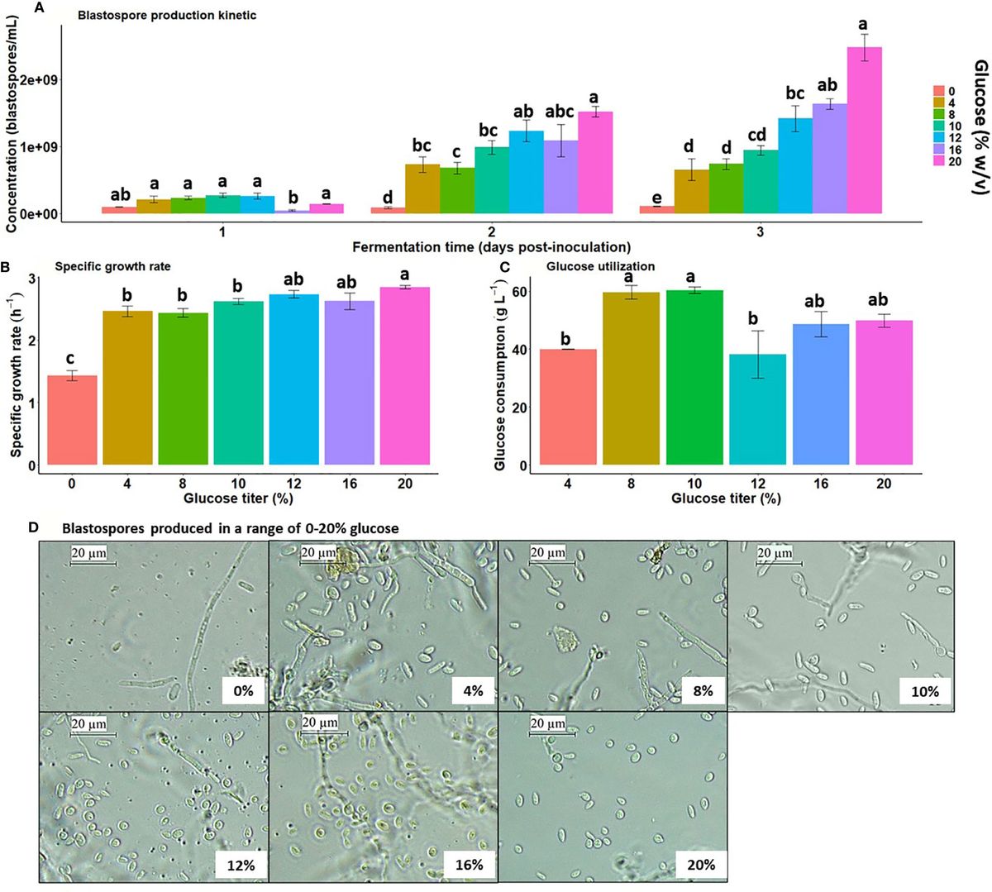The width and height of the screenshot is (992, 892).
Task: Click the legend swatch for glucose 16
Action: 938,150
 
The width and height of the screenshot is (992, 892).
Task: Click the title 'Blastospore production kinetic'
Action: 167,15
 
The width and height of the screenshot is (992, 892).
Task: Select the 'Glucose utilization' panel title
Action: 601,266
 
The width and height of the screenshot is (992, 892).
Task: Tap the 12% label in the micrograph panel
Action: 241,866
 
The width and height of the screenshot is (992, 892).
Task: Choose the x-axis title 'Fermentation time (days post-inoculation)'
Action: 491,247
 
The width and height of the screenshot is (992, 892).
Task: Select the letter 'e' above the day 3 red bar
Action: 656,198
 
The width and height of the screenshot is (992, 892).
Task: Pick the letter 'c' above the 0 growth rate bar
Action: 72,359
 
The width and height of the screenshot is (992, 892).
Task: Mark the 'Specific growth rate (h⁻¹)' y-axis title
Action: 17,368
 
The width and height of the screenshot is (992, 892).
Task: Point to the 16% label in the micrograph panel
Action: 469,866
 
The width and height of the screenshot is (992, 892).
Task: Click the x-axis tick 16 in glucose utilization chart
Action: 820,483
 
